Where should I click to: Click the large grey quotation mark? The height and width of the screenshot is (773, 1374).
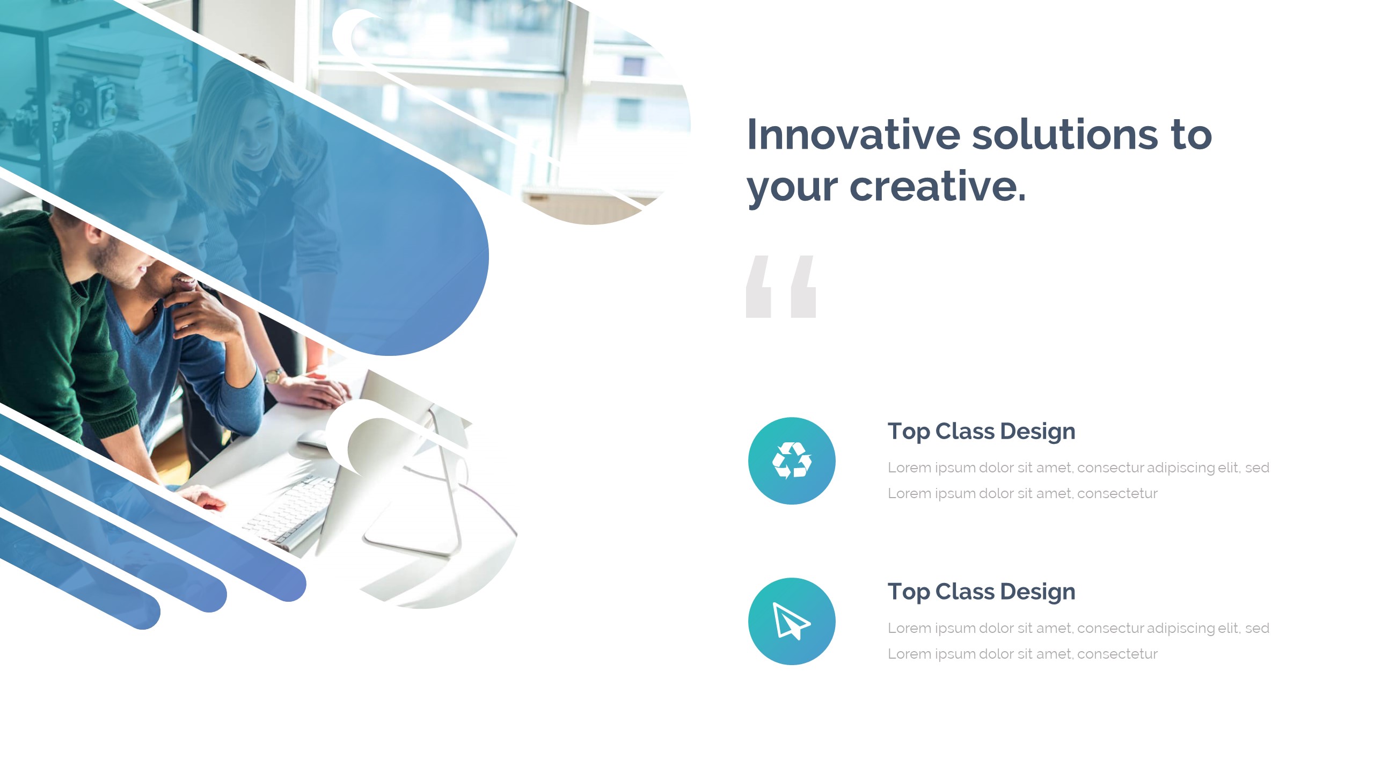pos(781,287)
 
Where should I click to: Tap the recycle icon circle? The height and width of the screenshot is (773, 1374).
pos(792,461)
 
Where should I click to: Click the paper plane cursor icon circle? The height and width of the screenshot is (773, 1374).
pos(792,621)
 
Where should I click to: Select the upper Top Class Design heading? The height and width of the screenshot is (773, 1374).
pos(981,432)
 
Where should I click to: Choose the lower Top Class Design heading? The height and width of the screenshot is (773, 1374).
pos(981,592)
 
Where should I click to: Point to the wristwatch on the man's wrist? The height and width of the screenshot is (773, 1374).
pos(274,375)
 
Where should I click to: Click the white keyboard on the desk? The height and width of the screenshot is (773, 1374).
pos(290,510)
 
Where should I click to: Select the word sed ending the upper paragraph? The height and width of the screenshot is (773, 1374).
pos(1257,468)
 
